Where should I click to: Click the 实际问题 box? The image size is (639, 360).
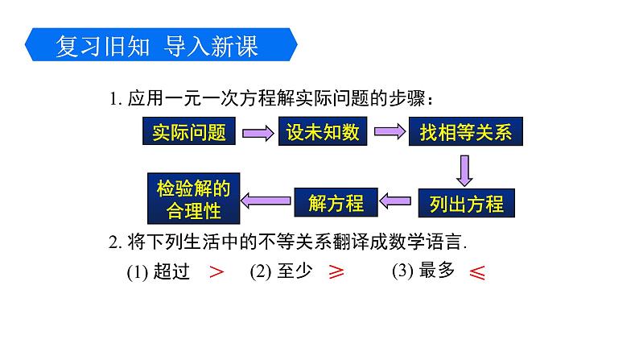coord(189,131)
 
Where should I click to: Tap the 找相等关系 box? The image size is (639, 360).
coord(465,131)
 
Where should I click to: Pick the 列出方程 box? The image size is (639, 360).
coord(465,203)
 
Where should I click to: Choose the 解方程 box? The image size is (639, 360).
coord(336,203)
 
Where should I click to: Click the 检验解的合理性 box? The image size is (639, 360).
coord(192,200)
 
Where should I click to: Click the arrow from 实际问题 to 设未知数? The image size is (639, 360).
coord(256,132)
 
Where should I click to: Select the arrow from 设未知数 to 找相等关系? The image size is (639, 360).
coord(389,132)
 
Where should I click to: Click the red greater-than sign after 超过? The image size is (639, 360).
coord(216,272)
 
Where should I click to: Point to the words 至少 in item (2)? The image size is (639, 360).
coord(295,272)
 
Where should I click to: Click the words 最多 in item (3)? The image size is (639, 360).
coord(438,271)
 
